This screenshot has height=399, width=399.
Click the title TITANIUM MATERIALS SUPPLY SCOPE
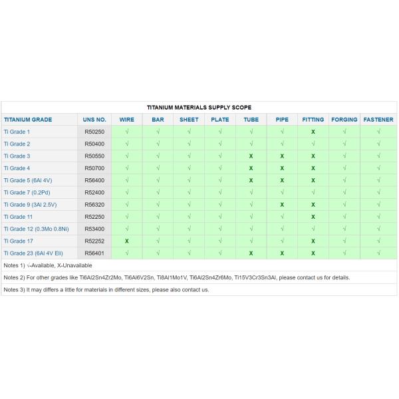point(198,108)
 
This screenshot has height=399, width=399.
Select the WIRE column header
point(126,120)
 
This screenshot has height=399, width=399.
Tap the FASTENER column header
point(378,120)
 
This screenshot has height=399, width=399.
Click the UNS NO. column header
point(94,120)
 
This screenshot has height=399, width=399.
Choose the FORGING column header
point(344,120)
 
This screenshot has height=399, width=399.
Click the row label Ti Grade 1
point(17,132)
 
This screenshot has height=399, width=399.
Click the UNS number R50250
point(95,132)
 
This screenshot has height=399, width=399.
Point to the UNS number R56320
point(95,204)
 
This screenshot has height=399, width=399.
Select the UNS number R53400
point(95,229)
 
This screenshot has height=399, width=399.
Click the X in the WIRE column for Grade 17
point(126,241)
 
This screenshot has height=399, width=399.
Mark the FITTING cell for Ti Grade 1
point(313,132)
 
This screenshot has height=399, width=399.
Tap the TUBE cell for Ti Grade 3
point(251,156)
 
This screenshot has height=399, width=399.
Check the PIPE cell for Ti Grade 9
point(282,204)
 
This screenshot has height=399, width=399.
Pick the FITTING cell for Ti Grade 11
point(313,217)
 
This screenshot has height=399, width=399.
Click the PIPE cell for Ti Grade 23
point(282,253)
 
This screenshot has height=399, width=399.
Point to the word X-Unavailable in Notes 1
point(76,265)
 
